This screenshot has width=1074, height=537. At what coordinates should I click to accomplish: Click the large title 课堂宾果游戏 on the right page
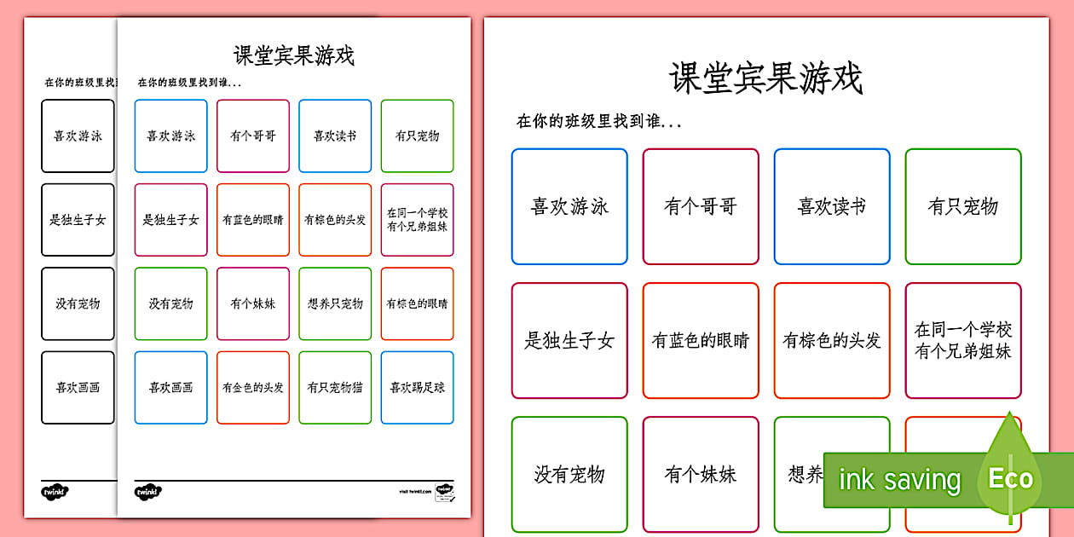pyautogui.click(x=765, y=78)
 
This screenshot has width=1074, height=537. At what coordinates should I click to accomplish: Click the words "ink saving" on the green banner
pyautogui.click(x=899, y=481)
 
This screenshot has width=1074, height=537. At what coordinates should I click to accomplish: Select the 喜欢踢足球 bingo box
pyautogui.click(x=417, y=387)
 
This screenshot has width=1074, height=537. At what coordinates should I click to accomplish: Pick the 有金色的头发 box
pyautogui.click(x=252, y=387)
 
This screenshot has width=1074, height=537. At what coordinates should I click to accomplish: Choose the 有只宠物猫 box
pyautogui.click(x=335, y=387)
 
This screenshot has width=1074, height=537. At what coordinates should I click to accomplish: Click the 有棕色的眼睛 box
pyautogui.click(x=417, y=303)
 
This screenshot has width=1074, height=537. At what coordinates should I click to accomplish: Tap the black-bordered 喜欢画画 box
pyautogui.click(x=78, y=387)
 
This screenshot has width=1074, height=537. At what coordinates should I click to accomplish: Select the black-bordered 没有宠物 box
pyautogui.click(x=78, y=303)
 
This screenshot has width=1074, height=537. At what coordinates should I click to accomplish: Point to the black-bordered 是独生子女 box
pyautogui.click(x=78, y=220)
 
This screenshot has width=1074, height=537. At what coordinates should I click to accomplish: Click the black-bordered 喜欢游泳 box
pyautogui.click(x=78, y=136)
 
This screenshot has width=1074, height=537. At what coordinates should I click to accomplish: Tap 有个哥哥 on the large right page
pyautogui.click(x=701, y=206)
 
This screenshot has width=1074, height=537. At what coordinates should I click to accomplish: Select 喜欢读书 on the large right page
pyautogui.click(x=832, y=206)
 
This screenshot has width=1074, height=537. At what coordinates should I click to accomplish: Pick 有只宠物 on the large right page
pyautogui.click(x=963, y=206)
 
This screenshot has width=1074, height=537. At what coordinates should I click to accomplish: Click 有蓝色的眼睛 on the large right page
pyautogui.click(x=701, y=341)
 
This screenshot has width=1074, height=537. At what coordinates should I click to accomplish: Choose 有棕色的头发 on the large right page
pyautogui.click(x=832, y=341)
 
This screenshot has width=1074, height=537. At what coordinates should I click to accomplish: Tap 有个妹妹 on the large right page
pyautogui.click(x=701, y=474)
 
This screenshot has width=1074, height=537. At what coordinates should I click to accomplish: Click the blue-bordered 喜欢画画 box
pyautogui.click(x=170, y=387)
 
